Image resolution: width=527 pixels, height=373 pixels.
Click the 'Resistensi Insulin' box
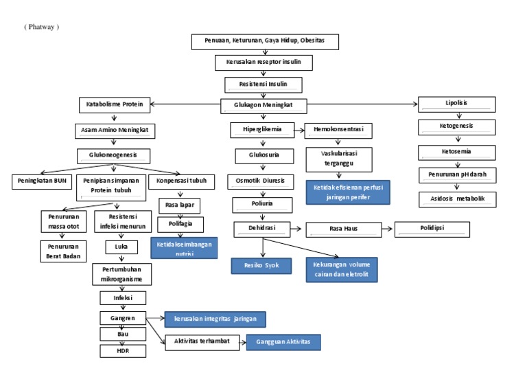click(x=263, y=85)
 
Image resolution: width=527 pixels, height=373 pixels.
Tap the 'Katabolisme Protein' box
click(x=115, y=105)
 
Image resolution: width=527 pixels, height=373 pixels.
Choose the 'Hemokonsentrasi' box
click(x=338, y=129)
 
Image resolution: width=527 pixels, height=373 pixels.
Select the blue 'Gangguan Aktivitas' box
click(x=283, y=342)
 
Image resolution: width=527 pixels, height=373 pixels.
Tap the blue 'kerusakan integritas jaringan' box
click(x=215, y=319)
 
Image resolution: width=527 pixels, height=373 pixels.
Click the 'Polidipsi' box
click(x=432, y=229)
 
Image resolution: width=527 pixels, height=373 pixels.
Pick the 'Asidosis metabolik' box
click(x=457, y=199)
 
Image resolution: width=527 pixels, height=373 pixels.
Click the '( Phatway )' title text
click(x=42, y=27)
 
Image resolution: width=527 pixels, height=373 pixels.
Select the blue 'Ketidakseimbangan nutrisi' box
click(x=184, y=248)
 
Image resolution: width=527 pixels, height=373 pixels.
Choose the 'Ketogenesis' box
click(x=456, y=127)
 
